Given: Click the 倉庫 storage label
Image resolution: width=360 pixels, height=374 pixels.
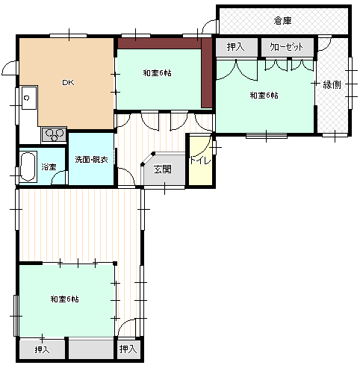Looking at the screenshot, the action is [282, 21].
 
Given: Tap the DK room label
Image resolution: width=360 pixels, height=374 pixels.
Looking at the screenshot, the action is [68, 82].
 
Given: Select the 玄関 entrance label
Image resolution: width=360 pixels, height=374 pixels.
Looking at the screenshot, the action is [163, 169].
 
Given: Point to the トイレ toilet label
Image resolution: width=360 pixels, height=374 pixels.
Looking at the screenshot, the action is [200, 160].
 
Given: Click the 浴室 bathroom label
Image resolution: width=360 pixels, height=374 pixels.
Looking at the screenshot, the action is [49, 166].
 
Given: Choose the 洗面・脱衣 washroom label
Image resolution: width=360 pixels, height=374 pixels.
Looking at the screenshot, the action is [91, 160].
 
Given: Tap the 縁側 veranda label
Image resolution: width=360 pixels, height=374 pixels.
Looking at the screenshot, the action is [332, 85].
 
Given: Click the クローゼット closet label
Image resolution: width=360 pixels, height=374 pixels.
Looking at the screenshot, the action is [286, 47].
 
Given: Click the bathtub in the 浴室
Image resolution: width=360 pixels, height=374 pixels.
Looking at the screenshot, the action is [28, 166].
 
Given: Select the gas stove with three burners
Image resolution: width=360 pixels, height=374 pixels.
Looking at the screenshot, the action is [54, 135].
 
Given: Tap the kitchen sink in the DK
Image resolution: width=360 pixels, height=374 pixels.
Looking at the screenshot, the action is [29, 98].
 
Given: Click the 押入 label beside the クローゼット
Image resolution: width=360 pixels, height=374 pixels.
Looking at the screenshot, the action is [235, 47].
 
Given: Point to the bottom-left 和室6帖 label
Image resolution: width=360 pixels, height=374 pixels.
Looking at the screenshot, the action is [64, 299].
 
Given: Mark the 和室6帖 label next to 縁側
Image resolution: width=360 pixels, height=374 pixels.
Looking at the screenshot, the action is [264, 96].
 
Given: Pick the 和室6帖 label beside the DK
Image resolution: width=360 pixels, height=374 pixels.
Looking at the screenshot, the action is [157, 73].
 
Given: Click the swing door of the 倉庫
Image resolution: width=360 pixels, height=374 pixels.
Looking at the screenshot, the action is [210, 26].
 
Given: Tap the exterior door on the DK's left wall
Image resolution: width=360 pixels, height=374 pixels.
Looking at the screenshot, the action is [10, 67].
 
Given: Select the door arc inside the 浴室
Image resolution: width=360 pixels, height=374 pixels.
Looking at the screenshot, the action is [59, 177].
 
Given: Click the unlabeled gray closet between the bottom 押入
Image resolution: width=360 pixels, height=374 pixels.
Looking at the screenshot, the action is [91, 350].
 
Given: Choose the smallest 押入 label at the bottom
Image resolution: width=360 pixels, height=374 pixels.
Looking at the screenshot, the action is [128, 349].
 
